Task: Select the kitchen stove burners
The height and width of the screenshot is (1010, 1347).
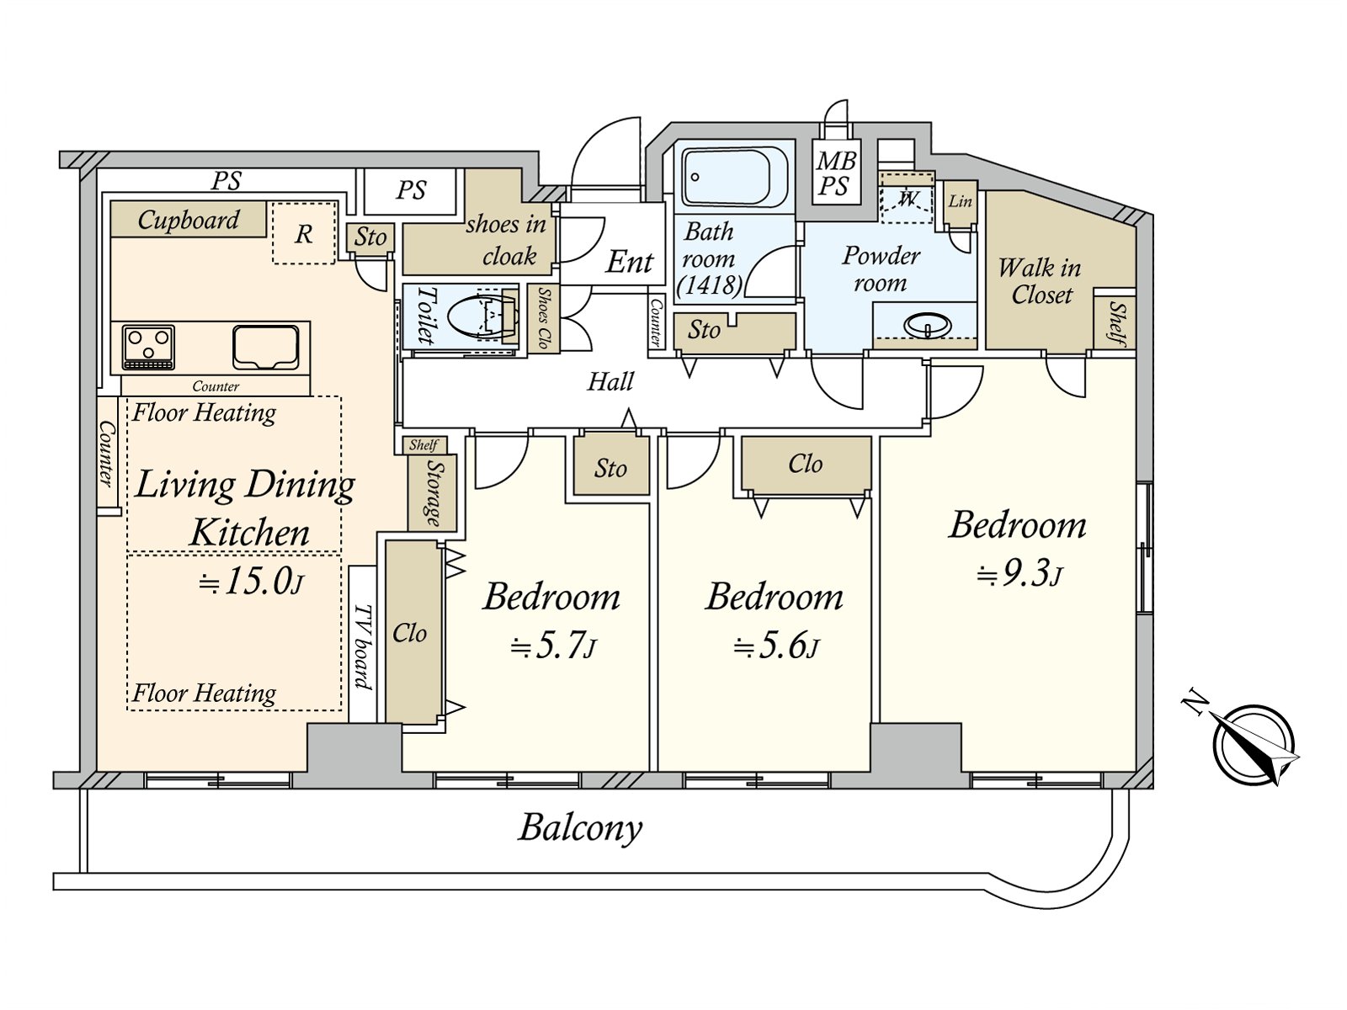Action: click(x=148, y=347)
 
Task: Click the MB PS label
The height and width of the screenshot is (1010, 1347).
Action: click(x=836, y=173)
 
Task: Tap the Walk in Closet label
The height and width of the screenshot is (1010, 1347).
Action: click(x=1040, y=281)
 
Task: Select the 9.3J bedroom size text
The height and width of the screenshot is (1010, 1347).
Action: click(x=1020, y=575)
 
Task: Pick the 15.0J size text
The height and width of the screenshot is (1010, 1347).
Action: click(x=251, y=582)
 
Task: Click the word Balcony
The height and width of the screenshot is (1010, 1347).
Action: click(x=580, y=827)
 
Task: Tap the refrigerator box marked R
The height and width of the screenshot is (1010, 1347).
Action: click(x=304, y=233)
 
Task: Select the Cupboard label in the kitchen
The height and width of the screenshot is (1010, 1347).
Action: click(x=189, y=220)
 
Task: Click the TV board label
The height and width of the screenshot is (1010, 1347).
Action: click(x=363, y=646)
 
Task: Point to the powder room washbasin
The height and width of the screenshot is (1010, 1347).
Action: click(x=925, y=324)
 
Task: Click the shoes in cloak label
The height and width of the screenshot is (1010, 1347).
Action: click(x=507, y=240)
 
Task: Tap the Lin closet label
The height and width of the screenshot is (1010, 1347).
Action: click(x=960, y=201)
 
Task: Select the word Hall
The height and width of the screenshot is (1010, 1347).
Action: click(x=610, y=382)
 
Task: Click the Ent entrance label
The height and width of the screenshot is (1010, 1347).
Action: click(x=630, y=262)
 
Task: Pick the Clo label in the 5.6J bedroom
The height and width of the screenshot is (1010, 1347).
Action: click(x=805, y=464)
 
